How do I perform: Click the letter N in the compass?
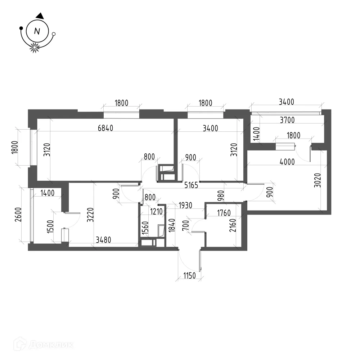tap(37, 31)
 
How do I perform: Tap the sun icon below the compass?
tap(35, 48)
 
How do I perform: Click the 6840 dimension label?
tap(105, 128)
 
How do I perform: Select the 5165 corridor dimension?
tap(191, 185)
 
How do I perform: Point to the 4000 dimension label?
tap(287, 162)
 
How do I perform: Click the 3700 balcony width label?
tap(287, 120)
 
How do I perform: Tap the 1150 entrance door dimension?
tap(190, 275)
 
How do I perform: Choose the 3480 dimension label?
tap(103, 240)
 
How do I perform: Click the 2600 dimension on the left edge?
tap(18, 215)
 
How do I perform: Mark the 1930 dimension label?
tap(185, 205)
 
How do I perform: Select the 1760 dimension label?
tap(224, 213)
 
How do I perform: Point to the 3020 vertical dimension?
tap(318, 180)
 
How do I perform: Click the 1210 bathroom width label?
tap(156, 211)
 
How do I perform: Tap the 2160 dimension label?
tap(233, 225)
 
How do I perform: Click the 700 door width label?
tap(186, 225)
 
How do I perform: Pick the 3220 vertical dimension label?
tap(90, 215)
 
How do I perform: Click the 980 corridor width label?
tap(221, 195)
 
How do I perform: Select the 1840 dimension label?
tap(172, 225)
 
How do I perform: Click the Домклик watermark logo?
tap(44, 344)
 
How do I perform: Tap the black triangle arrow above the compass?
tap(40, 16)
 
